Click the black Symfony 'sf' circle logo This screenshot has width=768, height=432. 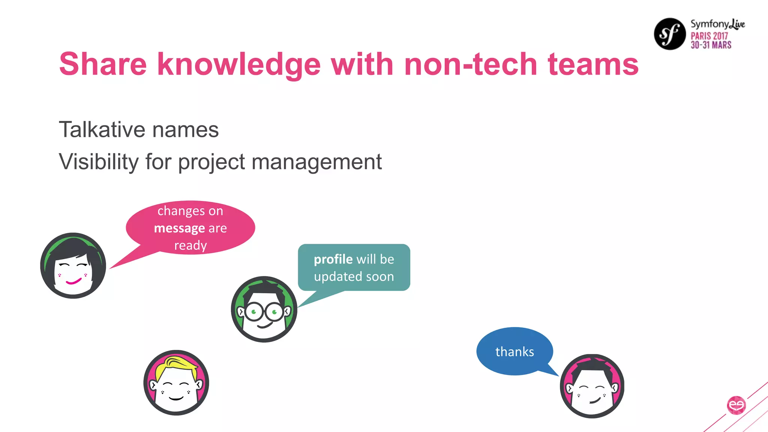(x=670, y=34)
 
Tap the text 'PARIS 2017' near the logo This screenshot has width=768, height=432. (x=709, y=36)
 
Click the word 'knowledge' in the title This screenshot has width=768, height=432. (x=239, y=64)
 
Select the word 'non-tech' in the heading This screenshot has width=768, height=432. (x=471, y=64)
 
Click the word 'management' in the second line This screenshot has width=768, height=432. (x=316, y=162)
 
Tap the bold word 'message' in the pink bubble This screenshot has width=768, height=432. (x=179, y=228)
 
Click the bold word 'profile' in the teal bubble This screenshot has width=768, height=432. (x=333, y=259)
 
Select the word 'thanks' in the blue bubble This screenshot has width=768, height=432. (x=514, y=352)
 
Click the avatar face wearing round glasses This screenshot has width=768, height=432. (x=264, y=309)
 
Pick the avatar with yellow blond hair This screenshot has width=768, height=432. (x=176, y=382)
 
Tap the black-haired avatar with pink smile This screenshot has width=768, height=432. (x=73, y=265)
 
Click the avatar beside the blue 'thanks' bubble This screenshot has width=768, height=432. (x=592, y=386)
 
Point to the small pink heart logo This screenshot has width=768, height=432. (x=736, y=405)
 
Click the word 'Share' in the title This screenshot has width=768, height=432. (x=103, y=64)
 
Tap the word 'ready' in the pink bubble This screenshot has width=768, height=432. (x=190, y=245)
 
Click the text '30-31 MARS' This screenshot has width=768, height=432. (x=711, y=45)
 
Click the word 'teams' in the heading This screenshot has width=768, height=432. (x=593, y=64)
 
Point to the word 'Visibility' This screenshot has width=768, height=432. (x=99, y=162)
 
